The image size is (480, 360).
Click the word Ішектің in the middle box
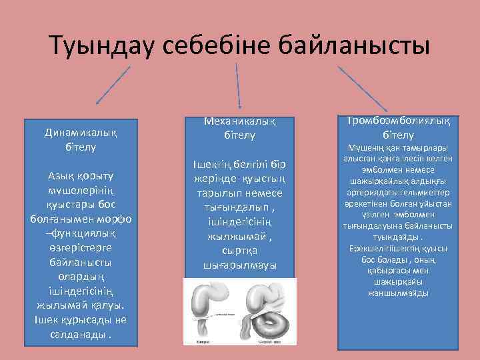(x=212, y=164)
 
